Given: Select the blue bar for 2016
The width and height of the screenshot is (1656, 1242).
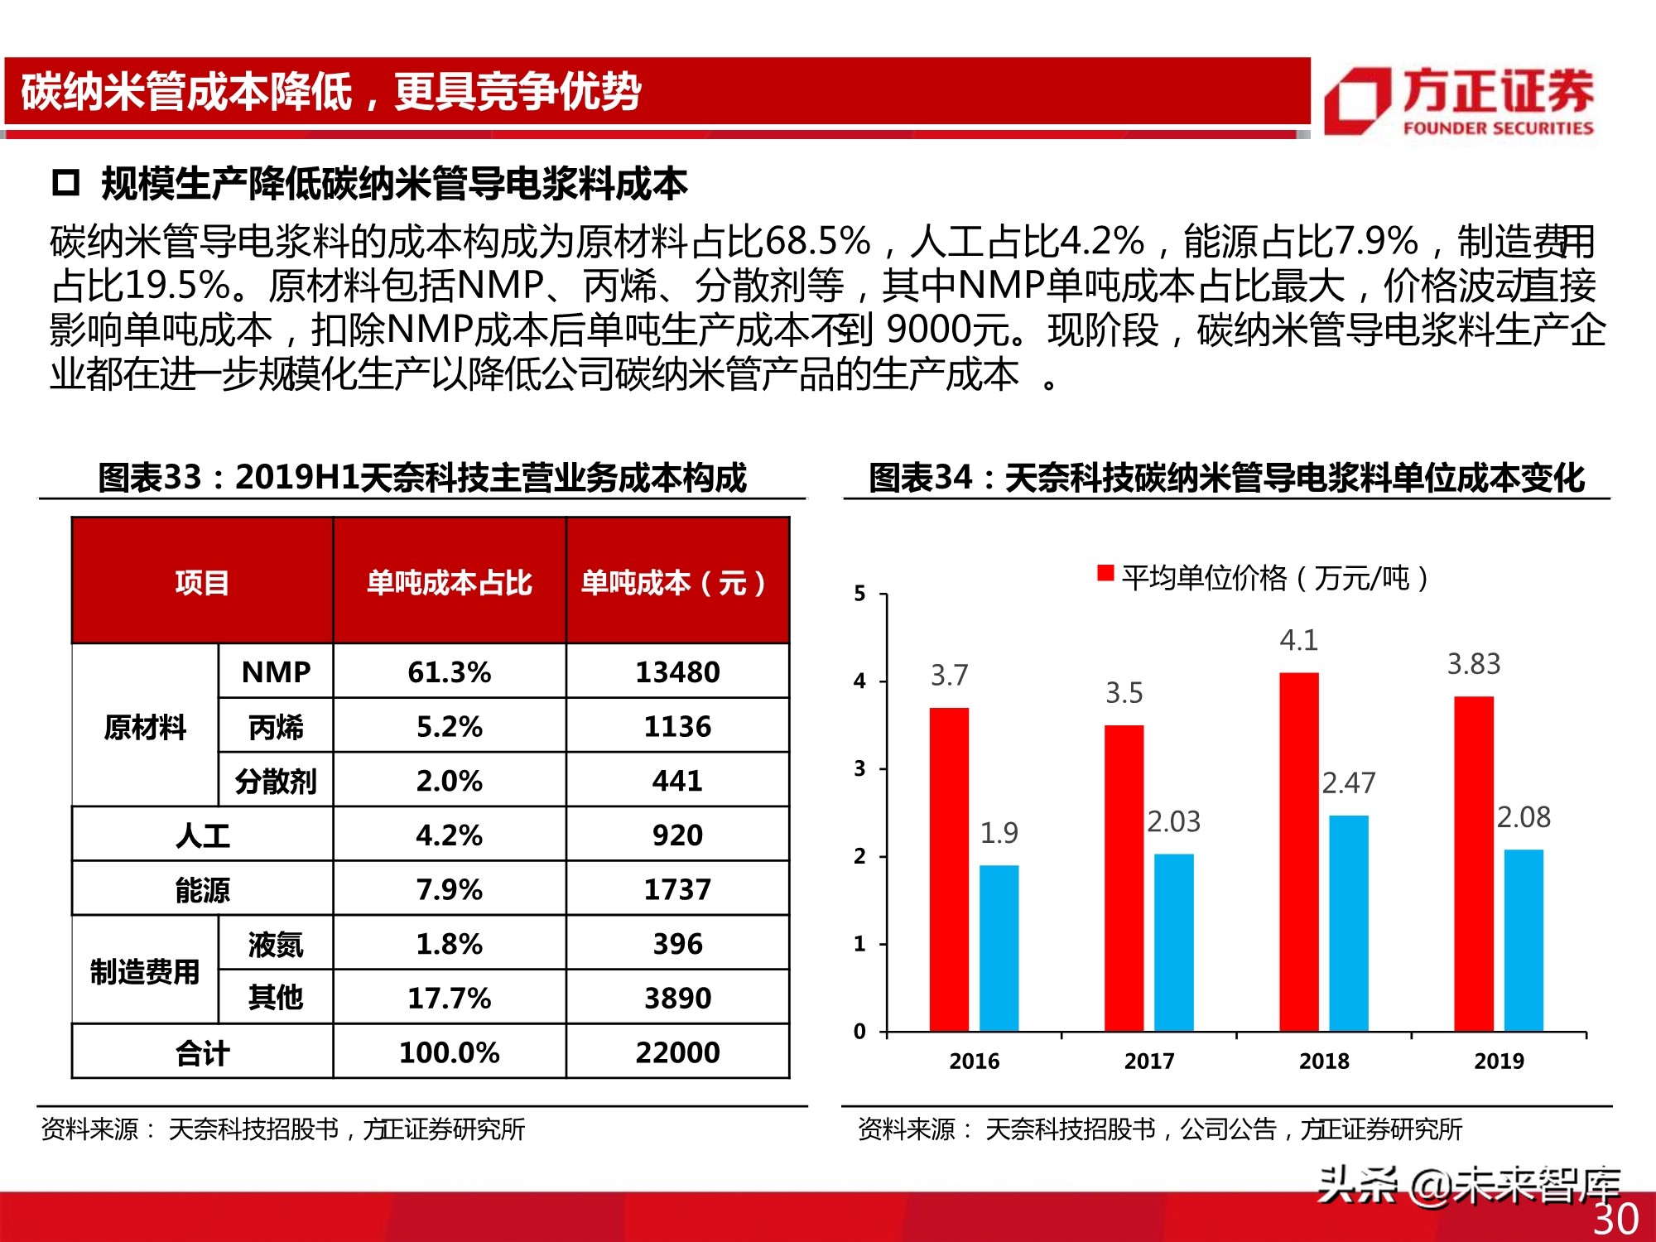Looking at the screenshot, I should click(999, 947).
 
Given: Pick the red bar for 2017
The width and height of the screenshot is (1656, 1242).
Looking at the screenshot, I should click(1124, 878).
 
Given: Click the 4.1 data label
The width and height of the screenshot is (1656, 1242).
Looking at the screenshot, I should click(1298, 640).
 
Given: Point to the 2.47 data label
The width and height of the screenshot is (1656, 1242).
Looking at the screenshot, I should click(1348, 782).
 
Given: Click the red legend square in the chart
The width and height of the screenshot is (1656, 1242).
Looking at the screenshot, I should click(1105, 573).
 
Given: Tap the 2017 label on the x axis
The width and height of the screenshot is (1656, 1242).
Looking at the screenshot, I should click(1148, 1061).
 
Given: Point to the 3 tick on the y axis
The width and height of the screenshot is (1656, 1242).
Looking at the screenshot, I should click(859, 768).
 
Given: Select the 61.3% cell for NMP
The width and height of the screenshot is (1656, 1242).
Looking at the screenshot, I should click(449, 672).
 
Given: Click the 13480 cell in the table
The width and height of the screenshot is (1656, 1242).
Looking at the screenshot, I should click(677, 672).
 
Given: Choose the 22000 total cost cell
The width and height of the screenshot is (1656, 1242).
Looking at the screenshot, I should click(677, 1052).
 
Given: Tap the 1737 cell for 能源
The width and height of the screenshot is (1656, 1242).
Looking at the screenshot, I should click(677, 889).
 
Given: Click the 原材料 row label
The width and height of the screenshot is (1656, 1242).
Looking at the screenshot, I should click(145, 726).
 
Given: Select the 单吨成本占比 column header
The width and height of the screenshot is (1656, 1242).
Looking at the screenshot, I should click(449, 582).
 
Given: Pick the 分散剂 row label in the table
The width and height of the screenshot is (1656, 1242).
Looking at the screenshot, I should click(276, 781).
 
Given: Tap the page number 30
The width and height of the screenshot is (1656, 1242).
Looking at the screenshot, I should click(1615, 1219).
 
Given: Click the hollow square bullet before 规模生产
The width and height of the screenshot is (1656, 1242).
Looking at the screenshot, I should click(65, 182).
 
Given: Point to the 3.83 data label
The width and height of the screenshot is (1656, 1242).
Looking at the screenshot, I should click(1473, 664).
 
